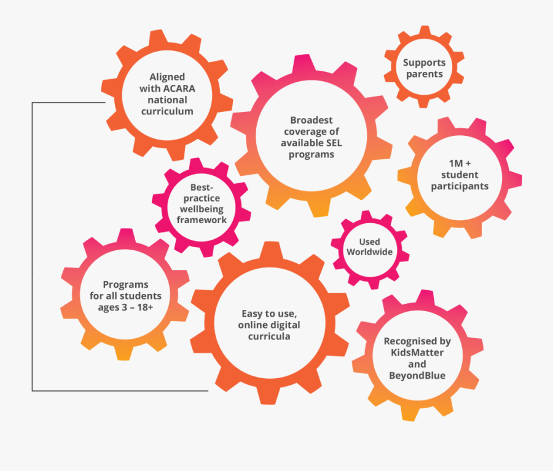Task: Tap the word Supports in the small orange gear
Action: point(424,63)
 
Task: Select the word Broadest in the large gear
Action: point(312,121)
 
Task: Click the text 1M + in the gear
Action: point(460,164)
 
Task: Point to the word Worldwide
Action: point(369,252)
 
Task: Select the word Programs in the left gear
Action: point(125,285)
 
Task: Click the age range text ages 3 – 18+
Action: point(125,307)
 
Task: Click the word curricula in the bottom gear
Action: point(269,336)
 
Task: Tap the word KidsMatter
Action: point(417,352)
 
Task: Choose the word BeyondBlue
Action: point(417,375)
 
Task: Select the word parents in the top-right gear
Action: point(424,74)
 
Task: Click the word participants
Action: point(460,186)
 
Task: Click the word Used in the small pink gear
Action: point(369,242)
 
